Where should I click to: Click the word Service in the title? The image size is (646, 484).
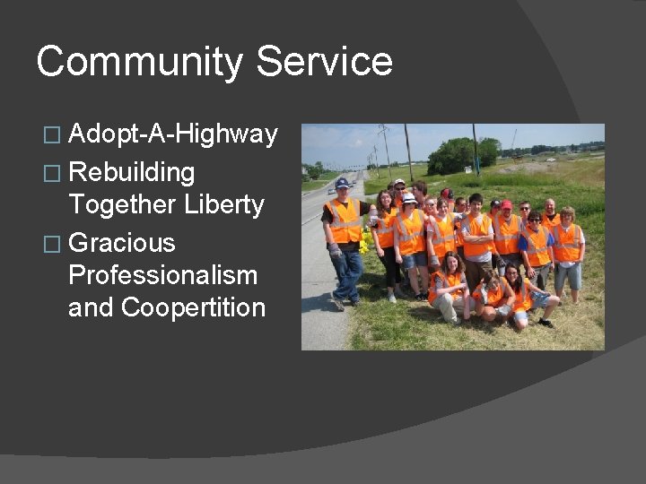point(325,63)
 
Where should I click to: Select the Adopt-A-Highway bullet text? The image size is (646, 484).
point(173,134)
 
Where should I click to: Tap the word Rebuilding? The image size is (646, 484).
point(132,170)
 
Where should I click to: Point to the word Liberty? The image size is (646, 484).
point(224,204)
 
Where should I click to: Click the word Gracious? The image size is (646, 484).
point(122,243)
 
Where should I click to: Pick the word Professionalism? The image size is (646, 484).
point(162,275)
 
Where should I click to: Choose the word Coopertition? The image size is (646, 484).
point(194,307)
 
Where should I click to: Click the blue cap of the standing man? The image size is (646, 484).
point(342,183)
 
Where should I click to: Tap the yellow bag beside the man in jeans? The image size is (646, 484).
point(364,245)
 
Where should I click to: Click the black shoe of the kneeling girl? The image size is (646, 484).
point(546,323)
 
